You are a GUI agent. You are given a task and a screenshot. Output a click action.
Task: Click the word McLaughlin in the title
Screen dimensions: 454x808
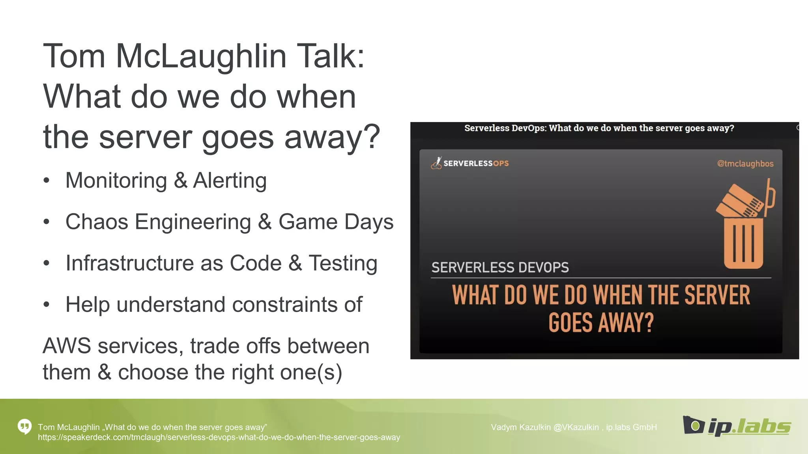[x=201, y=56]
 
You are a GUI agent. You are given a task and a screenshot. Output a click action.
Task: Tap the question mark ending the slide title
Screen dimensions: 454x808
[x=371, y=137]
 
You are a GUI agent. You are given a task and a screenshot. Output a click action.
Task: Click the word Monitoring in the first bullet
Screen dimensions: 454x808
[x=116, y=180]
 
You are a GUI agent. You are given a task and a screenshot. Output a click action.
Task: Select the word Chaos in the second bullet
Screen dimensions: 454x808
[x=97, y=222]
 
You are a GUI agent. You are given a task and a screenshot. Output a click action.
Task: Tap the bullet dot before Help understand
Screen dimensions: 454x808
[x=47, y=305]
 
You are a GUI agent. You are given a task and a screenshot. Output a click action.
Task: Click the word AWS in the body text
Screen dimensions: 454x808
[x=67, y=346]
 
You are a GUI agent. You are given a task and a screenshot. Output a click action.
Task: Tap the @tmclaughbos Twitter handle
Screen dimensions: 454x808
[x=745, y=164]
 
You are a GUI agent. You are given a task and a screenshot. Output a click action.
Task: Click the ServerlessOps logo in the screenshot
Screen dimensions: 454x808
[x=470, y=163]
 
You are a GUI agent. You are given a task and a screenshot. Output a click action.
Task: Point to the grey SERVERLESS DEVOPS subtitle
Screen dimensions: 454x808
[x=500, y=268]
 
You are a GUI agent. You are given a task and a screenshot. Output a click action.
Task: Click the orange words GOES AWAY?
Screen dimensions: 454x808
[x=601, y=323]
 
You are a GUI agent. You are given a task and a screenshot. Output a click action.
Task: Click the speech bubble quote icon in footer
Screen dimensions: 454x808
[x=24, y=426]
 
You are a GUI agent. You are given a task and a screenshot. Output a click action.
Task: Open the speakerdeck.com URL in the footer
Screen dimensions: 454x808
[x=219, y=437]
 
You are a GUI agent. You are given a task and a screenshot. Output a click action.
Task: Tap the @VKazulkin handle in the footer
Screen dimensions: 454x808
[x=576, y=427]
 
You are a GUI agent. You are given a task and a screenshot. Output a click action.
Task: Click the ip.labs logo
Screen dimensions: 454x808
[x=736, y=426]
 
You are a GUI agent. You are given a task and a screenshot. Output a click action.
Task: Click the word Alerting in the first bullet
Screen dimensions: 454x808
[x=230, y=180]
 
